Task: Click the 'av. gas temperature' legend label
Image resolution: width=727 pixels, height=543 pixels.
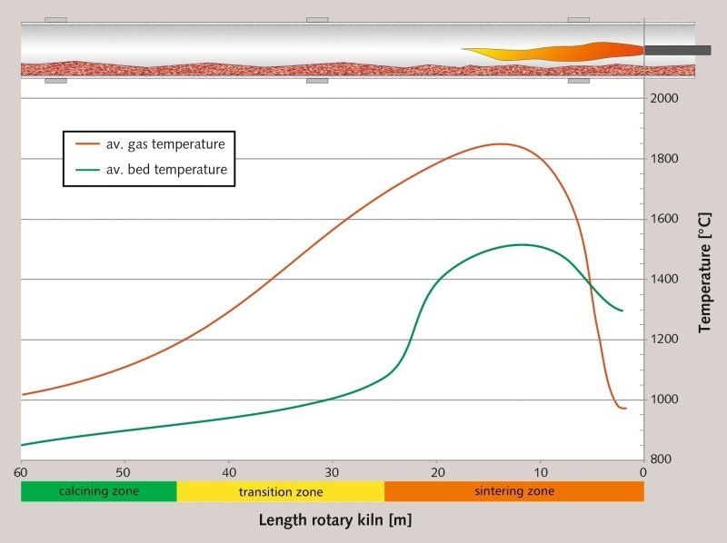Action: [x=164, y=143]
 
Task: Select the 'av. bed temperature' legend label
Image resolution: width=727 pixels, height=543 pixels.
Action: [x=164, y=169]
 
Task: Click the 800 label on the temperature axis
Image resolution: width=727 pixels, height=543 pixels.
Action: [x=666, y=459]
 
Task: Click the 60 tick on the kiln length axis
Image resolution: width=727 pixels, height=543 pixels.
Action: [x=21, y=472]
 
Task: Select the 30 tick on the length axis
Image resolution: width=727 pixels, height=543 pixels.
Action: [x=333, y=472]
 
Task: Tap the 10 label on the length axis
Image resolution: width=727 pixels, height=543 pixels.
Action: [x=540, y=472]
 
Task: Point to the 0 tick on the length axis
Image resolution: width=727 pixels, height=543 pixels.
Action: [x=643, y=472]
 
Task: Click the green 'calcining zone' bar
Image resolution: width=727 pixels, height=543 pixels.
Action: [x=98, y=491]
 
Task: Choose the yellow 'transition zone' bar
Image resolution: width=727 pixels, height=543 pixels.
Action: [x=280, y=491]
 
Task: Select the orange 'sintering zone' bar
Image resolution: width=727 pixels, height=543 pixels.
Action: [x=513, y=491]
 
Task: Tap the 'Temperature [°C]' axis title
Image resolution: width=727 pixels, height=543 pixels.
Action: [x=706, y=272]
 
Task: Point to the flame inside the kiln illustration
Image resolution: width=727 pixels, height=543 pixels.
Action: [x=554, y=51]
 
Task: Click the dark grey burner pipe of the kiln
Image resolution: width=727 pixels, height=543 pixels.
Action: [x=677, y=50]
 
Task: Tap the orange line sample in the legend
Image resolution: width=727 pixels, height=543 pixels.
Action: [x=87, y=143]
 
